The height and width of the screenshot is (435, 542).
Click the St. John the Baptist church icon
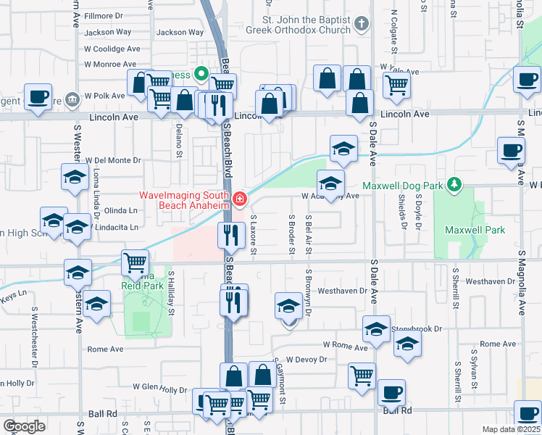click(x=362, y=26)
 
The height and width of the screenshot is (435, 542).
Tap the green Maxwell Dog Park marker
click(x=454, y=186)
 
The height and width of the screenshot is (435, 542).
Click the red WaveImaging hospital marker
click(x=239, y=197)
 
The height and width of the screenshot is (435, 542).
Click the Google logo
click(x=24, y=426)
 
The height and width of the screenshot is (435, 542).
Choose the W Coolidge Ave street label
click(x=112, y=49)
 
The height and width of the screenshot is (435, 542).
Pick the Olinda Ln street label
click(x=122, y=210)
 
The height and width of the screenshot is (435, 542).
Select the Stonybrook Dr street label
click(x=416, y=328)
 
